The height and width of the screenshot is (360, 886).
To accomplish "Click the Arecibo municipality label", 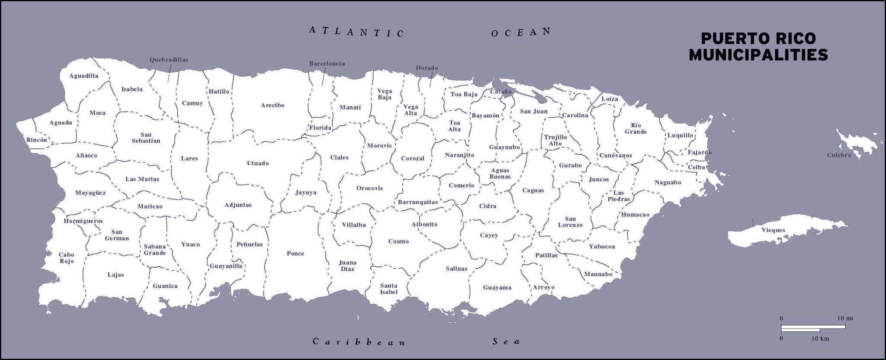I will [x=273, y=105].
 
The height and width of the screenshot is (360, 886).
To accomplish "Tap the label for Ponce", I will [x=295, y=254].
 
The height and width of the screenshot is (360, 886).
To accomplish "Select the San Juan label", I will [x=533, y=111].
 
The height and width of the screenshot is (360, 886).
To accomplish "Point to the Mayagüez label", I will [x=90, y=193].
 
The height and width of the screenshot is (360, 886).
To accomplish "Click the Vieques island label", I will [x=773, y=230].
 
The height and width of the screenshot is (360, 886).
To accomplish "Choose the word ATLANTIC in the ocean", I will [x=356, y=32].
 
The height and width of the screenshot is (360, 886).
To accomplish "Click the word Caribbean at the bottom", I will [x=359, y=342].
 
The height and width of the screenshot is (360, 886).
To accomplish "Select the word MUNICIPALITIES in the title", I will [x=758, y=55].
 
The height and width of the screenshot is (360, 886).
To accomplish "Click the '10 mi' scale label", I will [x=845, y=318].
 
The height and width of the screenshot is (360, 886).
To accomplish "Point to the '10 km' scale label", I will [x=820, y=339].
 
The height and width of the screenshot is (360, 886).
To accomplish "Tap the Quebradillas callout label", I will [x=169, y=60].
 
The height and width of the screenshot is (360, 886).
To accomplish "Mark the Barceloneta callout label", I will [x=327, y=64].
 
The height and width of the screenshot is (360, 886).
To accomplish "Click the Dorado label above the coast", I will [x=427, y=68].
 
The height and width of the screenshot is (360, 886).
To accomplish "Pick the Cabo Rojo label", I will [x=67, y=258].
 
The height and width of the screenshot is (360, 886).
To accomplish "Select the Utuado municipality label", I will [x=258, y=163].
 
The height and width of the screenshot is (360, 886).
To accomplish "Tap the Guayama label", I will [x=497, y=287].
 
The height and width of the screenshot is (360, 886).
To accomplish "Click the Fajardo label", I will [x=699, y=152].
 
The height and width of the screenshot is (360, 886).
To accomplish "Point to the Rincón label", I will [x=36, y=140].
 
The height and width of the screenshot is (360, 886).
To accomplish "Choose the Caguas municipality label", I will [x=533, y=190].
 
